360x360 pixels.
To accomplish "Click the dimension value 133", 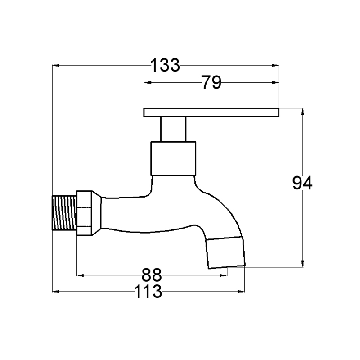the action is click(x=165, y=65).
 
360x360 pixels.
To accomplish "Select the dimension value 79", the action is click(x=211, y=82).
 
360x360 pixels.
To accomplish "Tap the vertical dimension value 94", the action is click(x=302, y=183).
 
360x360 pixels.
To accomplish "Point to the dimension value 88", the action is click(x=152, y=275).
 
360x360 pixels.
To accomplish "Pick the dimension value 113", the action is click(x=148, y=291).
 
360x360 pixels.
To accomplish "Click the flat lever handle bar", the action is click(x=211, y=112).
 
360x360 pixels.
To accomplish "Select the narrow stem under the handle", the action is click(x=173, y=129).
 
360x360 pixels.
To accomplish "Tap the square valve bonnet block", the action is click(x=173, y=159).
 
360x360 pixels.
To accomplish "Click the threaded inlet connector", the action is click(x=64, y=213).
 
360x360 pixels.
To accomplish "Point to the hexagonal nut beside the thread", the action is click(x=84, y=213).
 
